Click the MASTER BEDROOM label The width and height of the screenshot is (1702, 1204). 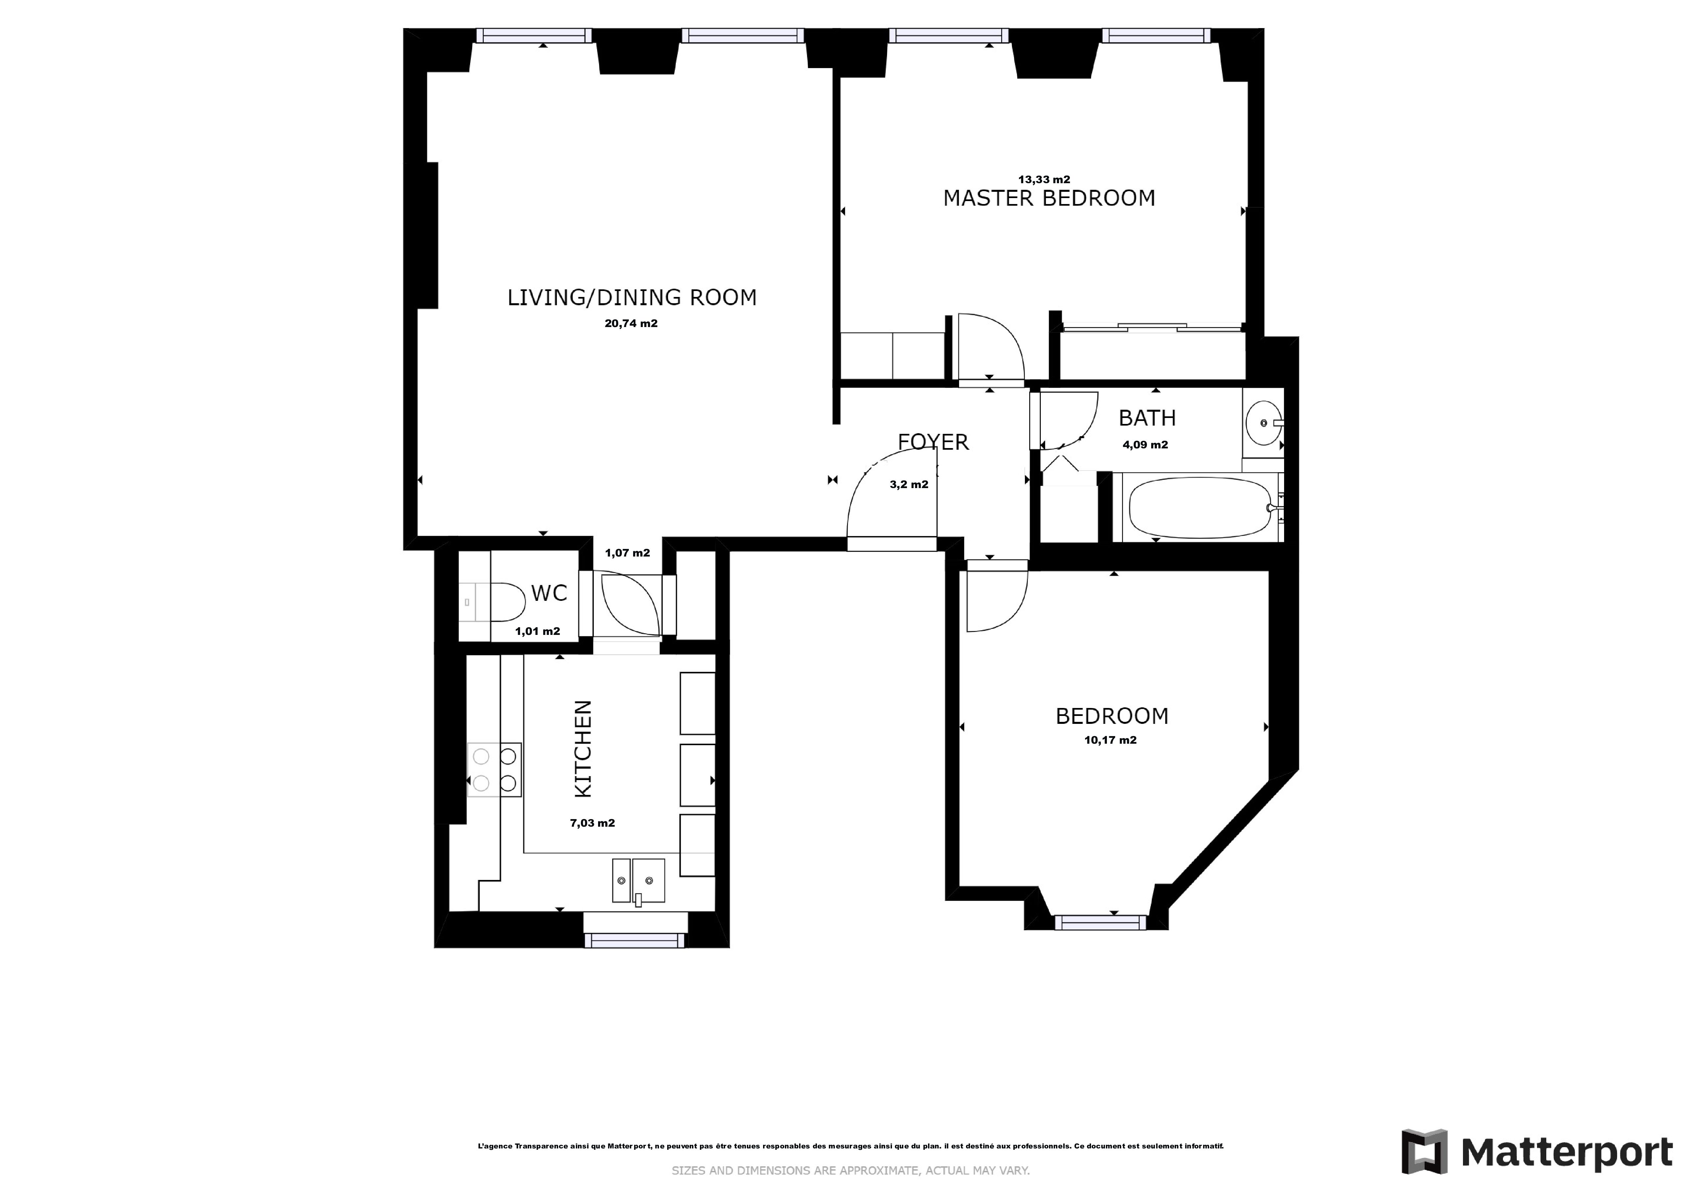1049,198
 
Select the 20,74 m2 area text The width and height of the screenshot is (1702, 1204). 631,323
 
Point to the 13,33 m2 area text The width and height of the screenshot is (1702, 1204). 1044,180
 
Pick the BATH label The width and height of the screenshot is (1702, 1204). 1147,418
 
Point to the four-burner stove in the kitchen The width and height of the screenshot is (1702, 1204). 495,769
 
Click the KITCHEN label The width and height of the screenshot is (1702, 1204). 584,749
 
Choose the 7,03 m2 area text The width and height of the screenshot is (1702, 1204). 592,823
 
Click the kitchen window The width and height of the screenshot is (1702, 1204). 634,940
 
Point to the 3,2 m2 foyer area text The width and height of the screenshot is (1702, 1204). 909,485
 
